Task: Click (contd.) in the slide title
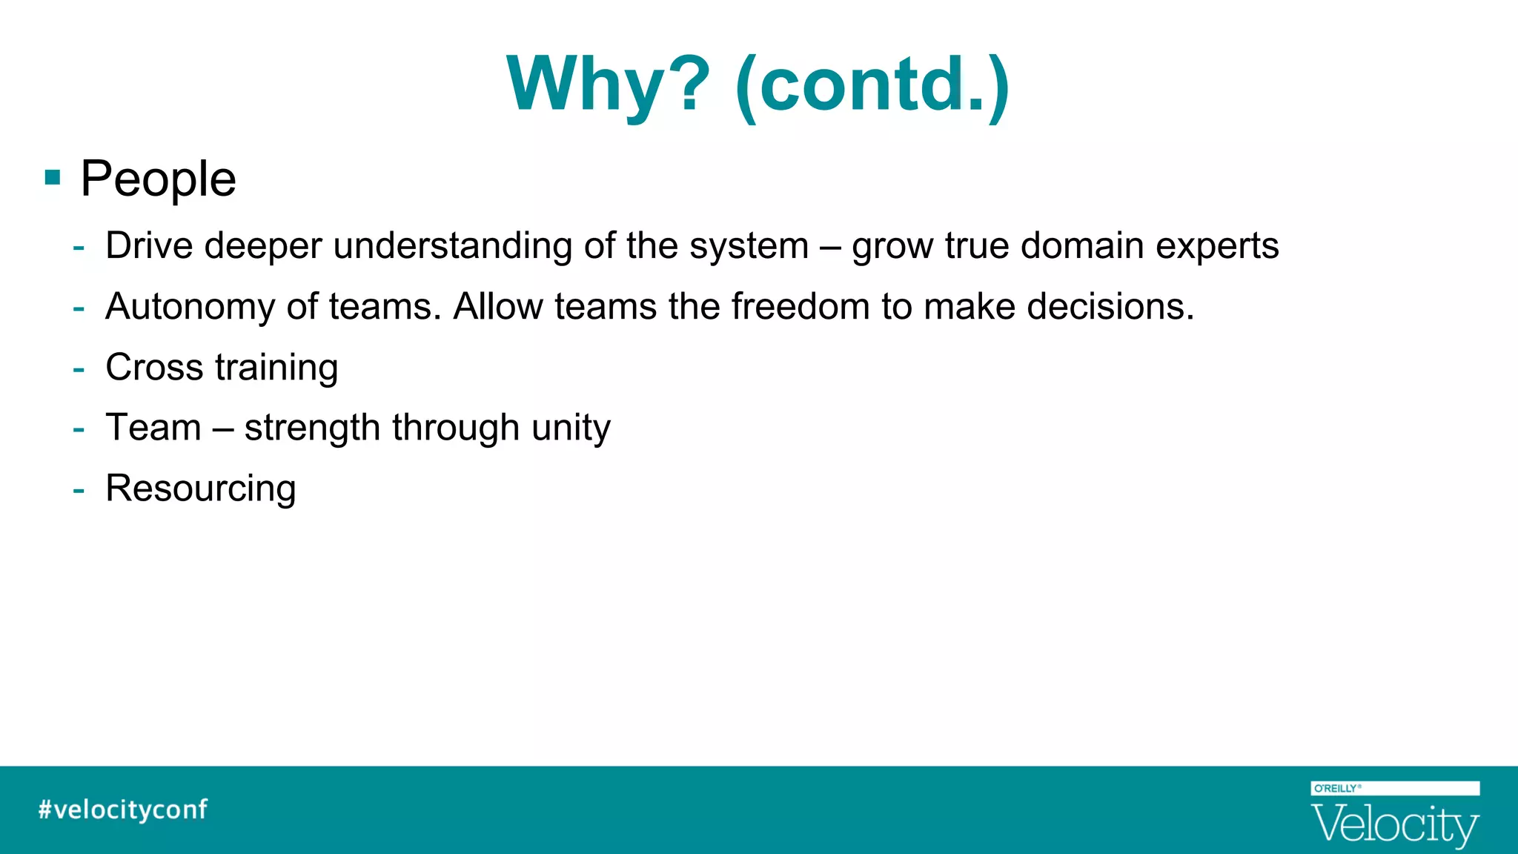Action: pos(872,86)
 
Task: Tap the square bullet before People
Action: pos(53,178)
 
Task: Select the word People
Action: pos(158,179)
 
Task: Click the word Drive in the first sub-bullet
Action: pos(149,245)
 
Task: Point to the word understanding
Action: pos(452,247)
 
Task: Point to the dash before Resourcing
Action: pos(79,490)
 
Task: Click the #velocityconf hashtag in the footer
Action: pos(123,810)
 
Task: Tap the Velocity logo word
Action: pos(1394,824)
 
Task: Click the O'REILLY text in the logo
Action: pos(1336,789)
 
